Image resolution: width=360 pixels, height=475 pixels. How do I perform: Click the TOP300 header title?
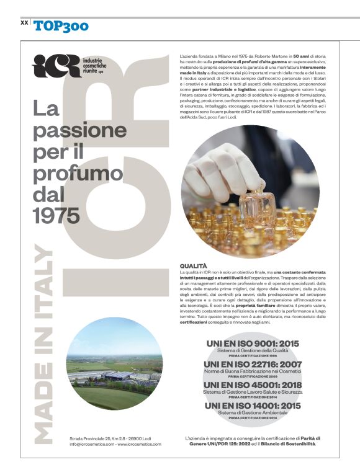(61, 25)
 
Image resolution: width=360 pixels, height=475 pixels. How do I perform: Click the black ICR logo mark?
(56, 66)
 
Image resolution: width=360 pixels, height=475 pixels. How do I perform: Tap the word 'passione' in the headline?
(79, 130)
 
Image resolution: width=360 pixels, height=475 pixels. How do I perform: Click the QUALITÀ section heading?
(193, 266)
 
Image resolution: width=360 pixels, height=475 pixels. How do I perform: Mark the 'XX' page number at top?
(24, 22)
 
